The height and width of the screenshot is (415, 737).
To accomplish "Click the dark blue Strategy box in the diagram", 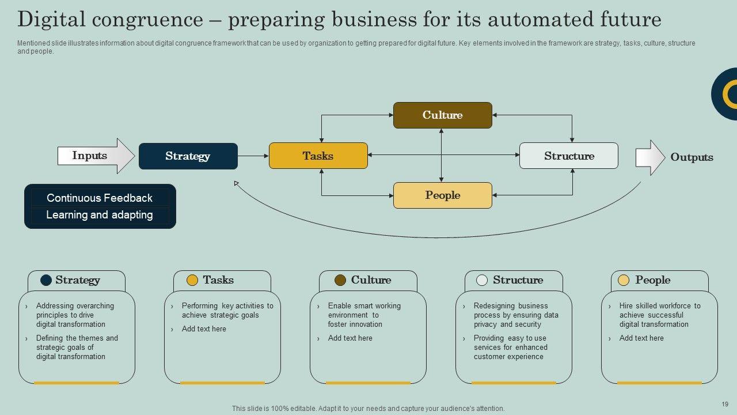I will point(188,156).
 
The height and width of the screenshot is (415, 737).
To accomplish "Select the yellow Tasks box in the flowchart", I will point(318,156).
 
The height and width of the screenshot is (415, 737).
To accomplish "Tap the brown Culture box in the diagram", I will point(442,115).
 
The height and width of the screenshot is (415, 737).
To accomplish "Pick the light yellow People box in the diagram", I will point(442,195).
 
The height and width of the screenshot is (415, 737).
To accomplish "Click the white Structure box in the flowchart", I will point(568,156).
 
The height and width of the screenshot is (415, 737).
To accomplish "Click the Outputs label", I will point(691,157).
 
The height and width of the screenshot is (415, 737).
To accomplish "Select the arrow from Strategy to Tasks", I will point(253,156).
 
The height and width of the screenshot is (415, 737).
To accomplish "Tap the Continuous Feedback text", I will point(100,198).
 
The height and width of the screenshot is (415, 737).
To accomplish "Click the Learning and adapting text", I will point(100,215).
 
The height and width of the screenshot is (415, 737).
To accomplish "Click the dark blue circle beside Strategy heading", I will point(46,280).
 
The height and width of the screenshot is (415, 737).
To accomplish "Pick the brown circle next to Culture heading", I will point(340,280).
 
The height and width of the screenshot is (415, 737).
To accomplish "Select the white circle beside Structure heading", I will point(482,280).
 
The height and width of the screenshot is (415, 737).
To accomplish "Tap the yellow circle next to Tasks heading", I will point(192,280).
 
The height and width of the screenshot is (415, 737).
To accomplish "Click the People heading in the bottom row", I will point(652,280).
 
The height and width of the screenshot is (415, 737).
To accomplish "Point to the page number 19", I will point(725,404).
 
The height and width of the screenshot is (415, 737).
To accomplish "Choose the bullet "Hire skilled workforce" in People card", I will point(659,315).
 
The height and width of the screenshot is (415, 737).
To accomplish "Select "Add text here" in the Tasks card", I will point(204,329).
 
